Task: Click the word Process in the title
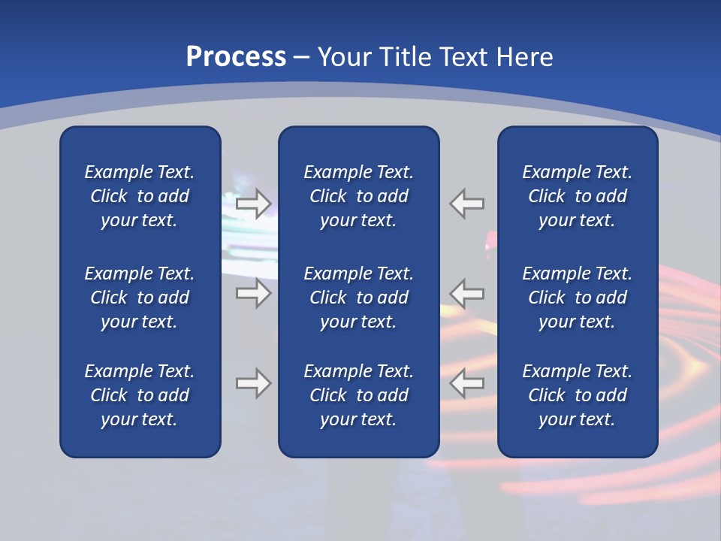point(236,57)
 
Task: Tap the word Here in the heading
point(523,57)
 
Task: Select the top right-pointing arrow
point(253,203)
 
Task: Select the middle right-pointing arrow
point(253,292)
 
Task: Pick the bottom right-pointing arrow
point(253,383)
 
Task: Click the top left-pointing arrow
point(467,203)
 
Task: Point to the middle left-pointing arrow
point(467,292)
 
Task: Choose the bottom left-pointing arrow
point(467,383)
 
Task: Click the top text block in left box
point(140,196)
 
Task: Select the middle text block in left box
point(140,298)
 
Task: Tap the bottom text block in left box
point(140,395)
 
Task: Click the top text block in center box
point(358,196)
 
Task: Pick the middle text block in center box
point(358,298)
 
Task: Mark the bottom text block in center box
point(358,395)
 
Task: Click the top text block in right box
point(577,196)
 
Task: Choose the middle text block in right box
point(577,298)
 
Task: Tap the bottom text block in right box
point(577,395)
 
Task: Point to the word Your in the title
point(342,57)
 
